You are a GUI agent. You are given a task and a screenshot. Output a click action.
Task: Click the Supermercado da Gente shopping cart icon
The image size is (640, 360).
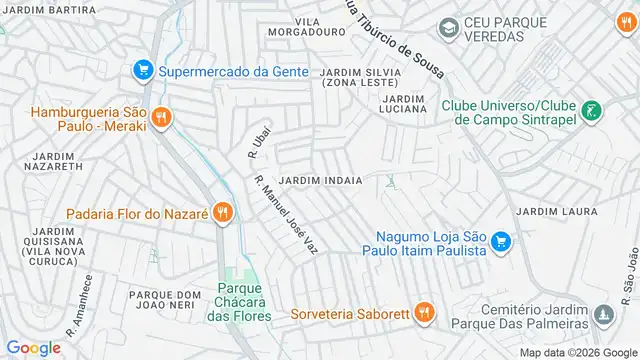coord(143,70)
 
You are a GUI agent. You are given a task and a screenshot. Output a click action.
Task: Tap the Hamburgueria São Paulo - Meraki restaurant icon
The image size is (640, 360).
coord(164,118)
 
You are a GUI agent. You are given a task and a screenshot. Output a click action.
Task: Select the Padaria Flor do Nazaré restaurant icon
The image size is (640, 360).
coord(222,213)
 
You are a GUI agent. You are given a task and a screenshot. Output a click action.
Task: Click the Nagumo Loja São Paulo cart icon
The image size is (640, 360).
coord(502,243)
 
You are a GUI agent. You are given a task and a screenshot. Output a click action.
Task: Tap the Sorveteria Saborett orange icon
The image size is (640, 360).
coord(425,312)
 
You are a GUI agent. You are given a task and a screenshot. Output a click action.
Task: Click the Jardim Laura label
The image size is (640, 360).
coord(556,211)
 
